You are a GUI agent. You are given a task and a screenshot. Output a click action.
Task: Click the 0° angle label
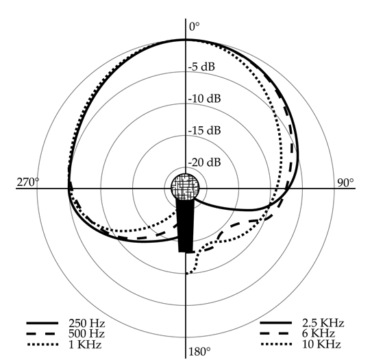(195, 27)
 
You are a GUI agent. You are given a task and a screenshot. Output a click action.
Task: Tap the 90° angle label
(345, 182)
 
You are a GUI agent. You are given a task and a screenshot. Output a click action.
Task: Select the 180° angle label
(199, 352)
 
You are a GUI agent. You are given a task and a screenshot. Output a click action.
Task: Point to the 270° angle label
(28, 182)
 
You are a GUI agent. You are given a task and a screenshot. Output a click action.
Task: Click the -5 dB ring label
(201, 67)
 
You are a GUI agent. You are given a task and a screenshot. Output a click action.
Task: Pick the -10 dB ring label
(205, 99)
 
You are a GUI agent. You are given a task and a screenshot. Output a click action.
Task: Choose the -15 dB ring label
(205, 130)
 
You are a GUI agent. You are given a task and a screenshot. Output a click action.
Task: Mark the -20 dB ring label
(205, 163)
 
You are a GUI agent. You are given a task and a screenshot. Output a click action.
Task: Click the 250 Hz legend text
(86, 323)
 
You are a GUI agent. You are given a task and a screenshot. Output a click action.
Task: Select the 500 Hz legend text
(86, 334)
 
